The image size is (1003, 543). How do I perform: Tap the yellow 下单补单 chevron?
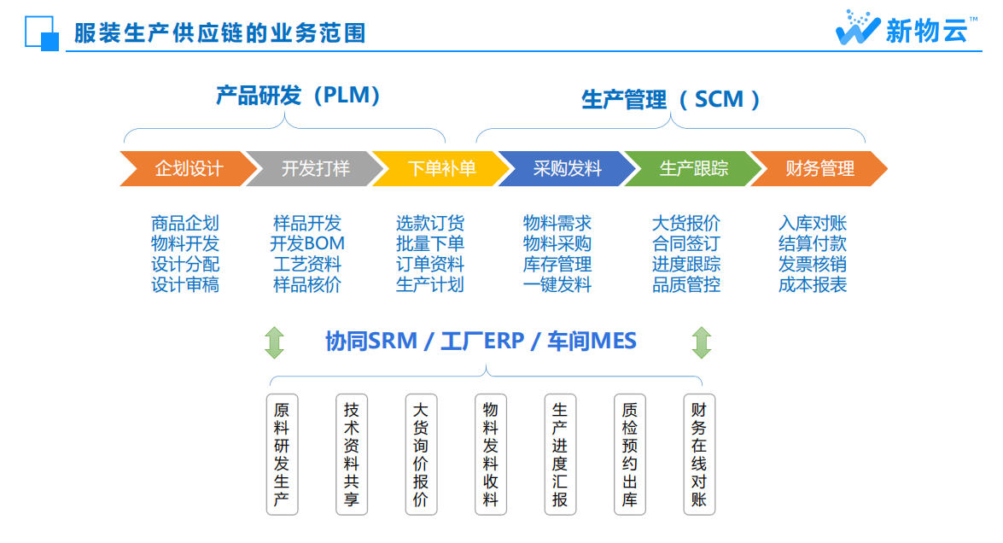440,168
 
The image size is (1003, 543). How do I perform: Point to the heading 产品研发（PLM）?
298,95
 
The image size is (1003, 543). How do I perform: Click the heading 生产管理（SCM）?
671,99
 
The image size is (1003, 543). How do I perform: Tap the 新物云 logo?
905,28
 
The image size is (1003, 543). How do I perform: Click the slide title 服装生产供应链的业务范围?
220,33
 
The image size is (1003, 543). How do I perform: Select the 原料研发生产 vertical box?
282,454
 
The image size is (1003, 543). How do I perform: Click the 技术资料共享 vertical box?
351,454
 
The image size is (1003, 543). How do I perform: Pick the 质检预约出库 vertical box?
629,454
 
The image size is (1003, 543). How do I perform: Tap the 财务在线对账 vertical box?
699,454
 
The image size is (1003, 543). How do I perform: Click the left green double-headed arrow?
274,342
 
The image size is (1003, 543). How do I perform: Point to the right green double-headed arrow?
701,342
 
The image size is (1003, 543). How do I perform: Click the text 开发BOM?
307,243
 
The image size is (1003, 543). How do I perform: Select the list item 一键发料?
557,284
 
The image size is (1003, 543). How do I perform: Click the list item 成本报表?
813,284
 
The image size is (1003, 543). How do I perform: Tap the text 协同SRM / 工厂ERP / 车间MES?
481,342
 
